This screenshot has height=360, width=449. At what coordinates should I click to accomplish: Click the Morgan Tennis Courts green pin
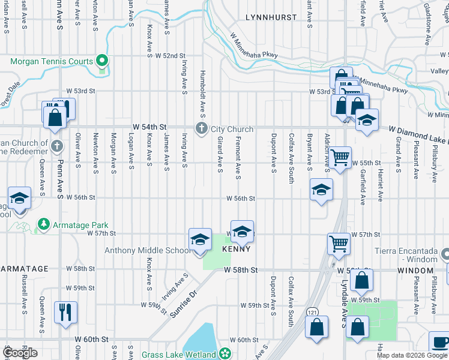click(x=102, y=61)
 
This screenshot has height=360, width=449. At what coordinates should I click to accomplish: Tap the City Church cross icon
click(x=201, y=128)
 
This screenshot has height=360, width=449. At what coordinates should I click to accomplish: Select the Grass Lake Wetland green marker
click(x=224, y=354)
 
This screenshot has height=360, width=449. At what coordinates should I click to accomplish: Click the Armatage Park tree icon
click(x=43, y=224)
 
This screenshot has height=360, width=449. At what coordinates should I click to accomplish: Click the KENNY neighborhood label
click(x=236, y=248)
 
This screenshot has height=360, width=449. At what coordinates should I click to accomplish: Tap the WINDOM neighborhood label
click(x=411, y=271)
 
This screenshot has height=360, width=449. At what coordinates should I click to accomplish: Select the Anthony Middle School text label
click(x=148, y=250)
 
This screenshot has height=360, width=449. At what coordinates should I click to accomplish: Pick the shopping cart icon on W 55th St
click(x=340, y=157)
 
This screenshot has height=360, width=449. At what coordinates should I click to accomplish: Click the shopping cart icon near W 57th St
click(x=339, y=243)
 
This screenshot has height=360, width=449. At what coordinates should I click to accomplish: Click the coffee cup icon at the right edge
click(x=440, y=343)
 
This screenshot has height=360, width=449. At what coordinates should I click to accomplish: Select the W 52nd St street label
click(x=170, y=56)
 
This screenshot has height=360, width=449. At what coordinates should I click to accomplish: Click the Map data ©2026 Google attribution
click(x=412, y=355)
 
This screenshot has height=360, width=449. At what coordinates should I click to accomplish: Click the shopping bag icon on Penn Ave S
click(x=55, y=116)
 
